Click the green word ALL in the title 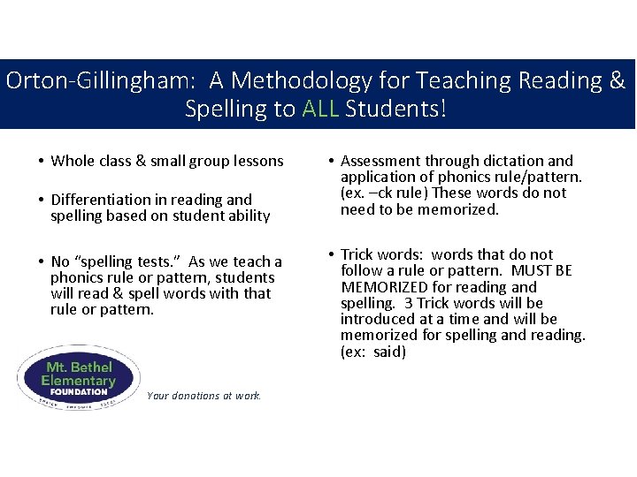coord(321,110)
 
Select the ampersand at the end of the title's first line coord(617,81)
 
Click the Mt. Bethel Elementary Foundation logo coord(78,375)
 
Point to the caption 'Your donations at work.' coord(204,396)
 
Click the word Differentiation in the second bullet coord(101,200)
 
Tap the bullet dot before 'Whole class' coord(42,162)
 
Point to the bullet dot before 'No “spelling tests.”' coord(42,262)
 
